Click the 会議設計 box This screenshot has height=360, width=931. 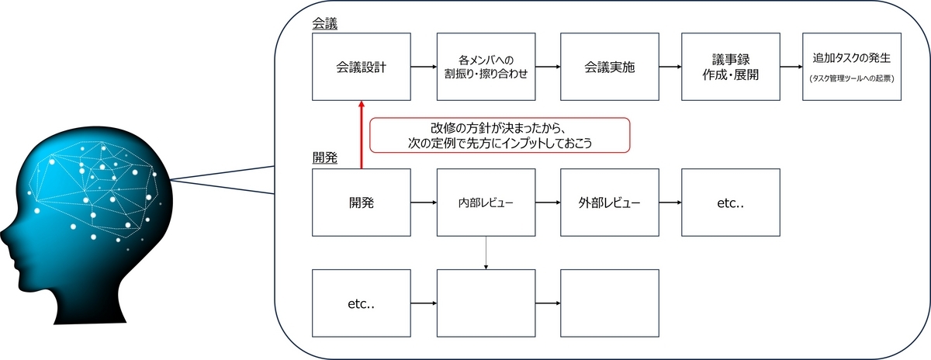[362, 67]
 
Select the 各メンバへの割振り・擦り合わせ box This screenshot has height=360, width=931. [486, 67]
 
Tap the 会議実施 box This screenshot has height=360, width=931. [609, 67]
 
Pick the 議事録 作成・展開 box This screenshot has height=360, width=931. [730, 67]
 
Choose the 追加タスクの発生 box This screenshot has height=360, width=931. [852, 67]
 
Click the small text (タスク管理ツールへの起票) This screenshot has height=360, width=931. [852, 78]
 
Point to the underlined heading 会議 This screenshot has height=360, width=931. [324, 24]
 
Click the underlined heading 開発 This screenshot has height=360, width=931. [324, 158]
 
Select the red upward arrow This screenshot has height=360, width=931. [362, 135]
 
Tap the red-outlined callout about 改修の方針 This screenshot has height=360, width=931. [500, 135]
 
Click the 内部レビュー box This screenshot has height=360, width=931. [486, 202]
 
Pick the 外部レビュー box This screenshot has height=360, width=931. [609, 202]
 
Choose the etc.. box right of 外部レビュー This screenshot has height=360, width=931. [730, 202]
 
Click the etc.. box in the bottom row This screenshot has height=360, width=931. [362, 303]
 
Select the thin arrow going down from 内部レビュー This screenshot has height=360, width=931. [486, 253]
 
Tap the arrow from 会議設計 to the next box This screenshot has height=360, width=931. [424, 67]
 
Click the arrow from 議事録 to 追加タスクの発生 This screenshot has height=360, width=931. [791, 67]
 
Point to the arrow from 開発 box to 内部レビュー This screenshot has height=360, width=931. [424, 202]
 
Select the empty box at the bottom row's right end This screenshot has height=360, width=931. [609, 303]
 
